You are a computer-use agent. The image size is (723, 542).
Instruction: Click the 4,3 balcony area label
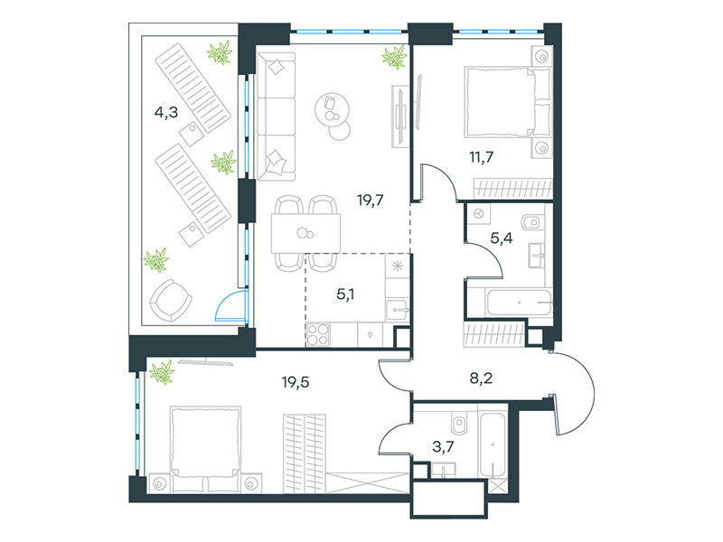pyautogui.click(x=166, y=112)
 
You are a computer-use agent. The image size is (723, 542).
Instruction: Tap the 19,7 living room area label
pyautogui.click(x=370, y=200)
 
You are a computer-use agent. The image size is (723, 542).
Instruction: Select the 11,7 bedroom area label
pyautogui.click(x=482, y=157)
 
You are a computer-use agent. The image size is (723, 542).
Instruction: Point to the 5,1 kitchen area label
pyautogui.click(x=345, y=294)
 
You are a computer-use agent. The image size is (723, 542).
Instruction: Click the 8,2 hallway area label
pyautogui.click(x=481, y=378)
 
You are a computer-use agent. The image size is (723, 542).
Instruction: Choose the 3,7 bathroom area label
pyautogui.click(x=443, y=446)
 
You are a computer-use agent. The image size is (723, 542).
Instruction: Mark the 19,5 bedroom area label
pyautogui.click(x=296, y=382)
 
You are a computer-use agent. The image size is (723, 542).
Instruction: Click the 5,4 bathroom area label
pyautogui.click(x=502, y=238)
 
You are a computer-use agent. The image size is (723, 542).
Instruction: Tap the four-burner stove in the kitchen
pyautogui.click(x=318, y=334)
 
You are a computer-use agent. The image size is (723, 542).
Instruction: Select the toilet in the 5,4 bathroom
pyautogui.click(x=532, y=222)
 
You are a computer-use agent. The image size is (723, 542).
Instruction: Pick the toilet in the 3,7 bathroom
pyautogui.click(x=459, y=422)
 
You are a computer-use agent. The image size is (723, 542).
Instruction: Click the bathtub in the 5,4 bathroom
pyautogui.click(x=519, y=303)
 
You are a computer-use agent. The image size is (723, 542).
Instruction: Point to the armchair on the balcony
pyautogui.click(x=171, y=300)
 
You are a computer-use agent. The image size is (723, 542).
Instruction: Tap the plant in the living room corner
pyautogui.click(x=395, y=57)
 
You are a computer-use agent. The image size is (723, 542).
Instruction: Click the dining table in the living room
pyautogui.click(x=305, y=233)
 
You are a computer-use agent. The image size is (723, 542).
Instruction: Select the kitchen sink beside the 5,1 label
pyautogui.click(x=397, y=310)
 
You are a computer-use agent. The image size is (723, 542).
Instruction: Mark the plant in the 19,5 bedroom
pyautogui.click(x=162, y=371)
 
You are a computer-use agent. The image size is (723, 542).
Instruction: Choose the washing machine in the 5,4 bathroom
pyautogui.click(x=479, y=214)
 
